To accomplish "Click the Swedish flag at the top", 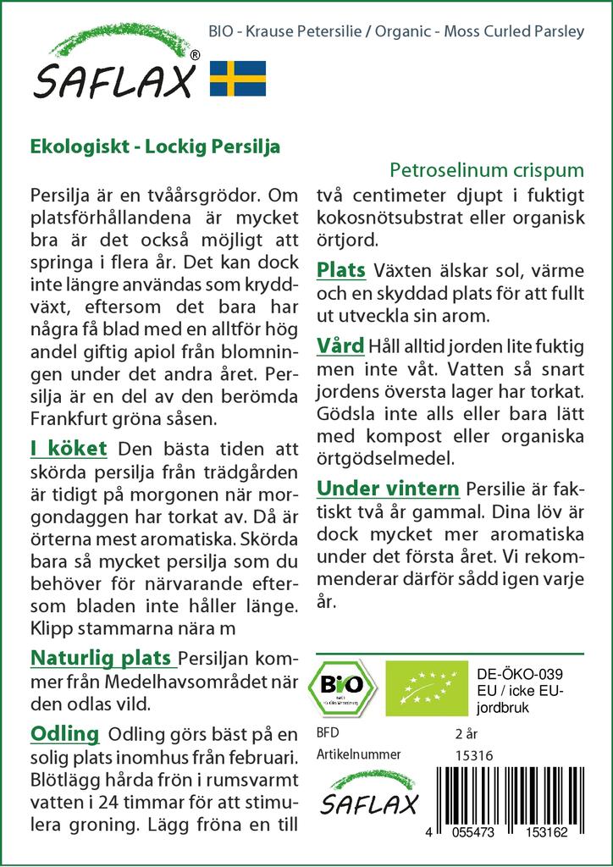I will [237, 78].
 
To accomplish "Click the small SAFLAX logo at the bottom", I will [369, 797].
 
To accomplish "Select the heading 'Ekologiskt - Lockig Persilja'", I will [155, 144].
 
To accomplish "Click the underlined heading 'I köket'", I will [68, 448].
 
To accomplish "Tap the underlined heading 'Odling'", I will [64, 732].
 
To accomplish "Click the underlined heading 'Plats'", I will [340, 270].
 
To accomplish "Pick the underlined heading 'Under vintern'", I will [388, 489].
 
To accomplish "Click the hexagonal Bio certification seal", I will [342, 685].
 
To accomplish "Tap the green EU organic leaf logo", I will [425, 687].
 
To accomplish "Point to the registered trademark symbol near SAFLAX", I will [196, 55].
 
